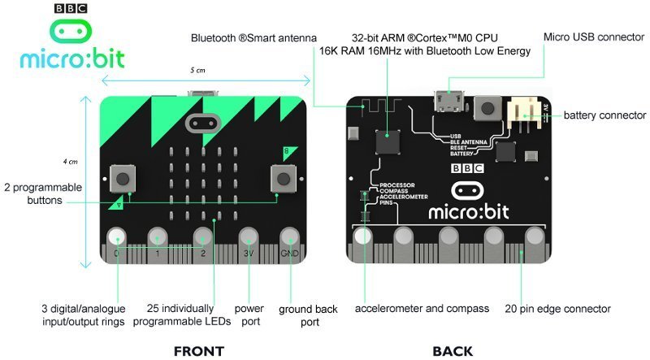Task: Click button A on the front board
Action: [123, 176]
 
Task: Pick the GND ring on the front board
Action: [290, 237]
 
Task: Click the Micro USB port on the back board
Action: [449, 102]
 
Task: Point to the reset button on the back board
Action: [487, 107]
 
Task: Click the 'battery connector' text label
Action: [605, 115]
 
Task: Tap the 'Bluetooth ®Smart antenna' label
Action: [253, 38]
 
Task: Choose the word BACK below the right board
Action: [452, 351]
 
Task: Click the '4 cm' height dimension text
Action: [72, 160]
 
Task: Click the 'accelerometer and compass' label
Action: [422, 309]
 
